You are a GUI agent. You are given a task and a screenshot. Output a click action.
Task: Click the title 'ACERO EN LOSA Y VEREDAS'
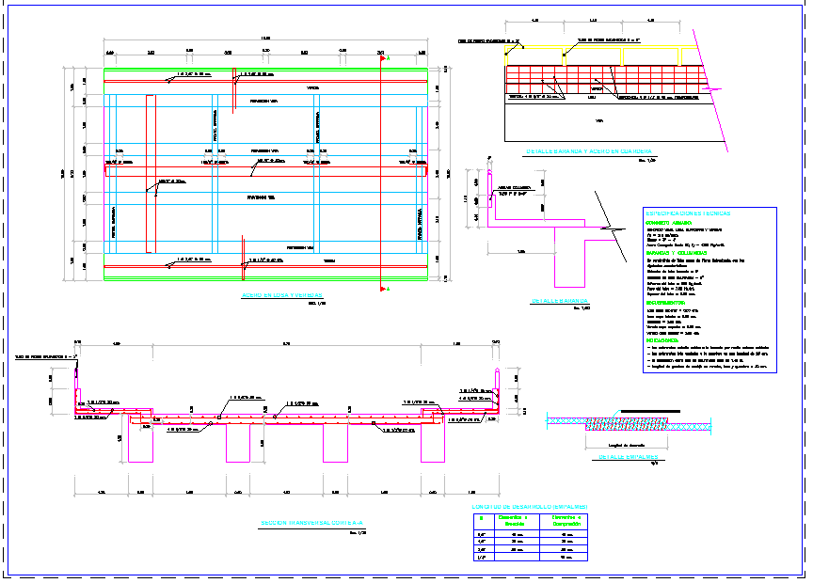tap(283, 295)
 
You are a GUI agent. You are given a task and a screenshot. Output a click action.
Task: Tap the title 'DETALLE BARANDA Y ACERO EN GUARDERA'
tap(589, 152)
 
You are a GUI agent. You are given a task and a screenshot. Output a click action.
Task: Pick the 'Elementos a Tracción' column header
tap(512, 521)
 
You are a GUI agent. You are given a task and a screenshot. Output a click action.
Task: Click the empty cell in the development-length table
tap(512, 558)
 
